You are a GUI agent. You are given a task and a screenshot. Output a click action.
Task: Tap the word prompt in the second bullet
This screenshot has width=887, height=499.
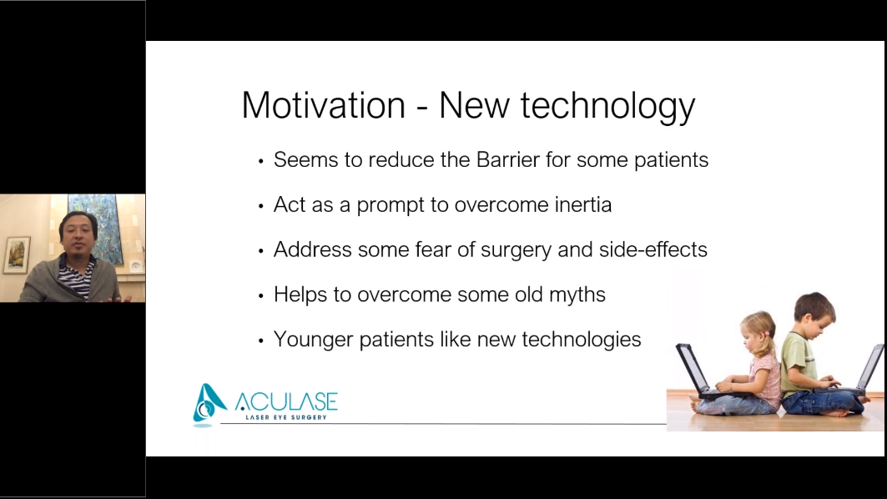pos(391,205)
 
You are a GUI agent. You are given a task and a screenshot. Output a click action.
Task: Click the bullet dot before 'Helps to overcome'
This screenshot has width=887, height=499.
pos(261,296)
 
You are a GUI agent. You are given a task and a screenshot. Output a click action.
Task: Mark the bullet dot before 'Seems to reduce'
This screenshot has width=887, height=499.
pos(261,161)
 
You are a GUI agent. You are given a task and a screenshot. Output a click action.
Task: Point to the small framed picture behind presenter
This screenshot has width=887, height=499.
pos(18,254)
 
